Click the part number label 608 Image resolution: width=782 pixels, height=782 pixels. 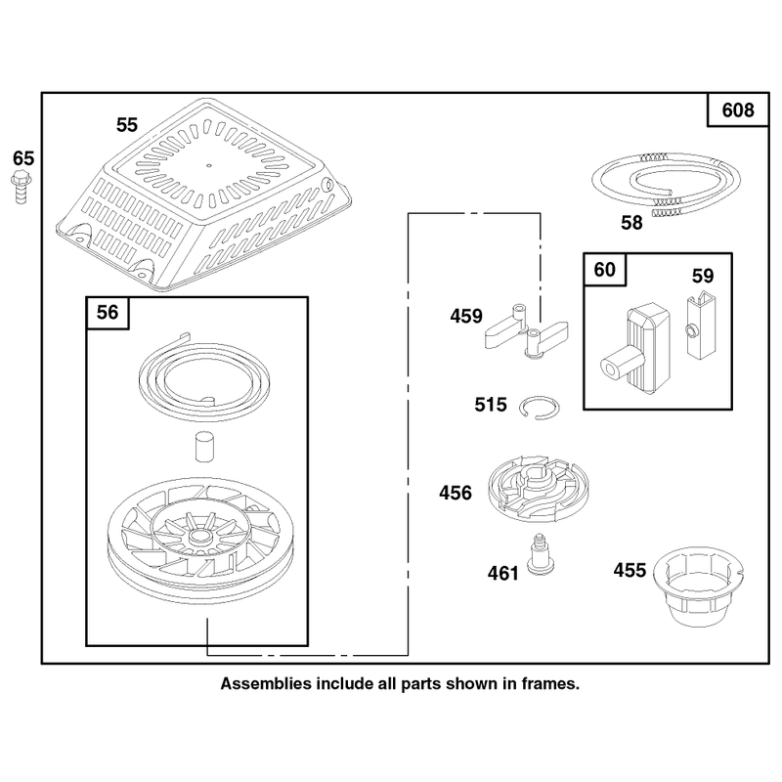pyautogui.click(x=738, y=109)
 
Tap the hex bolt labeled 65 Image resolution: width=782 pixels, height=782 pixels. pyautogui.click(x=21, y=187)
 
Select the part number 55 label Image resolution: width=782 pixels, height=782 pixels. pyautogui.click(x=127, y=125)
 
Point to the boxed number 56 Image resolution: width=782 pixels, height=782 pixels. pyautogui.click(x=108, y=312)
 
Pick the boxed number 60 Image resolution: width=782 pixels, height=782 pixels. pyautogui.click(x=604, y=270)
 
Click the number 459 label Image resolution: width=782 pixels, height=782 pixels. pyautogui.click(x=466, y=316)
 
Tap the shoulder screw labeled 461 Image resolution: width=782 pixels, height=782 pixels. pyautogui.click(x=541, y=555)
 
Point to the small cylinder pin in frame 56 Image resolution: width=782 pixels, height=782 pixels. pyautogui.click(x=204, y=447)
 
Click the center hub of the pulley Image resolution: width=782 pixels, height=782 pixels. pyautogui.click(x=199, y=538)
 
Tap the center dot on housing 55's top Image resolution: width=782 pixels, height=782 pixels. pyautogui.click(x=209, y=165)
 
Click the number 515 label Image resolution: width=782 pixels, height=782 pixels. pyautogui.click(x=491, y=405)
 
